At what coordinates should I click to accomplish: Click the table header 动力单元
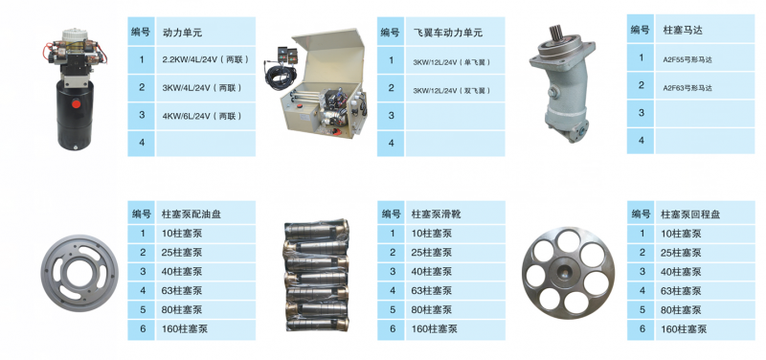(182, 34)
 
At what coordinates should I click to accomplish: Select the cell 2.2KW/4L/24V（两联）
(206, 60)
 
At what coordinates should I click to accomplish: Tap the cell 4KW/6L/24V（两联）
(202, 116)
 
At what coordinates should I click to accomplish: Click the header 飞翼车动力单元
(447, 33)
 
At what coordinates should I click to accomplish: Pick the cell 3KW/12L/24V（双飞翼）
(451, 91)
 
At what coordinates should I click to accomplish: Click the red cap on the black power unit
(77, 103)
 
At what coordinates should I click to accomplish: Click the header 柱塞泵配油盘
(191, 214)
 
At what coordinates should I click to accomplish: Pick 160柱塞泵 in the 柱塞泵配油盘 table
(185, 328)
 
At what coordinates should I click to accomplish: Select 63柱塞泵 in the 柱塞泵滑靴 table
(432, 291)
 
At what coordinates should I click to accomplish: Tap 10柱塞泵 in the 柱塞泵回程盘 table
(681, 234)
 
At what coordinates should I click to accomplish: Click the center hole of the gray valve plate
(79, 274)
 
